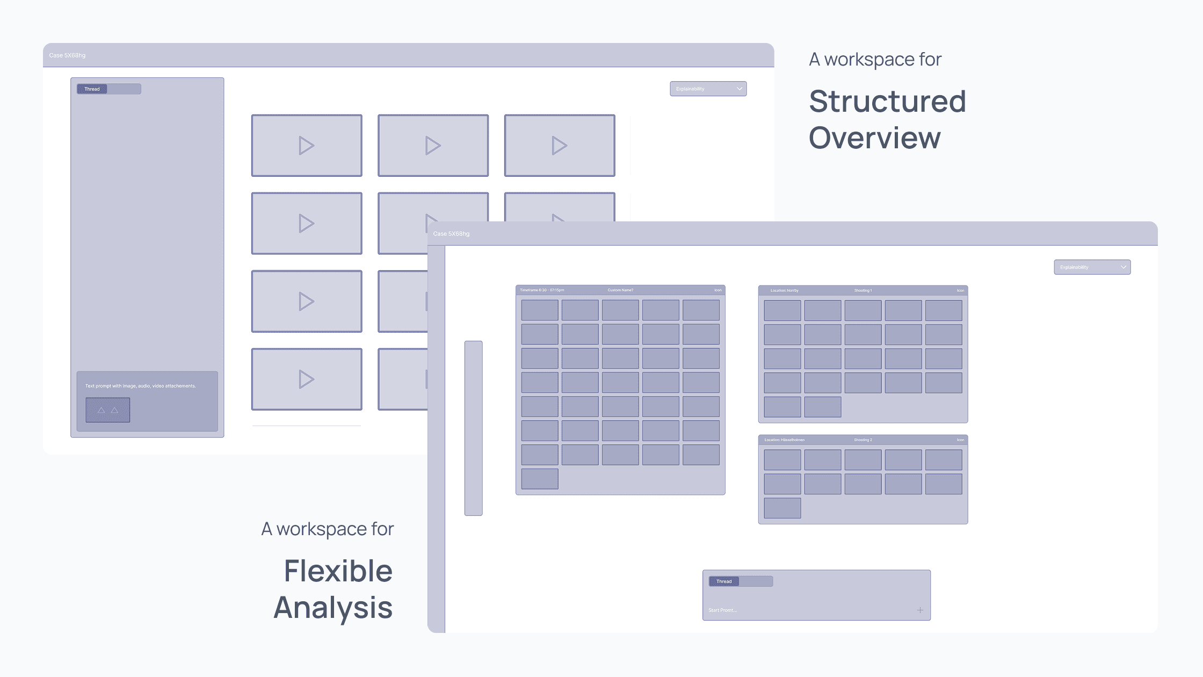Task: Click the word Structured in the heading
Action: pos(887,102)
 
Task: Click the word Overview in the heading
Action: pos(874,138)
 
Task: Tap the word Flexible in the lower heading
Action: pos(338,571)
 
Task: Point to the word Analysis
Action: pos(333,608)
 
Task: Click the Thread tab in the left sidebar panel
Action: pos(92,89)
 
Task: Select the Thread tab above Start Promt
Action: pos(723,581)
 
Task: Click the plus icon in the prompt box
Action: pos(920,610)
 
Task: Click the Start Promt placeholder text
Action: pos(722,610)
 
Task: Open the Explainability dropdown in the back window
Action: pos(708,89)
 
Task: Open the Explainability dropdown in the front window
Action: pos(1092,268)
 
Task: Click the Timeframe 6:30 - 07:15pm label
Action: pos(541,290)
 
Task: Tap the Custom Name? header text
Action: pos(620,290)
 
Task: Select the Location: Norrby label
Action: pos(784,291)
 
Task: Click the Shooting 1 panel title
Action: pos(863,291)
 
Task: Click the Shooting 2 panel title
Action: pos(863,440)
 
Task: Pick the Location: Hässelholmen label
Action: pos(784,440)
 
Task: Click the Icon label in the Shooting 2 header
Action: pos(960,440)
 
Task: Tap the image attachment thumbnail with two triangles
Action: pos(107,410)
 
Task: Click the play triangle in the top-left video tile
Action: pos(306,146)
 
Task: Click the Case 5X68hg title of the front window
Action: pos(451,234)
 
